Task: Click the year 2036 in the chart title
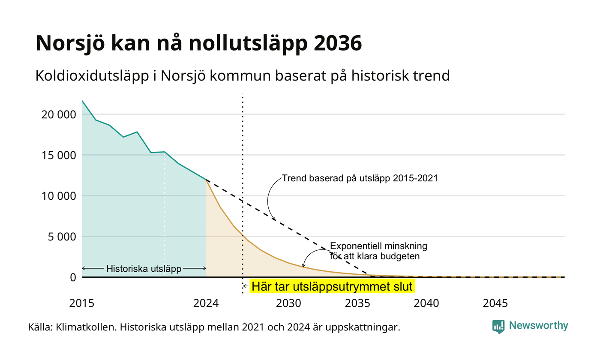pyautogui.click(x=338, y=43)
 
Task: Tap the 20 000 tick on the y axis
pyautogui.click(x=59, y=115)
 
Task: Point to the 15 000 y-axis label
pyautogui.click(x=59, y=155)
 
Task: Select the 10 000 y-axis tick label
pyautogui.click(x=59, y=196)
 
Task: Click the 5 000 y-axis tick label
pyautogui.click(x=62, y=237)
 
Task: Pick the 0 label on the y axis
pyautogui.click(x=73, y=278)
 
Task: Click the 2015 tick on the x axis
pyautogui.click(x=82, y=303)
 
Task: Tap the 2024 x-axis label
pyautogui.click(x=206, y=303)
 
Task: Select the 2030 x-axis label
pyautogui.click(x=289, y=303)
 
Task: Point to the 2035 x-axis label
pyautogui.click(x=357, y=303)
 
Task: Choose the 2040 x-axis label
pyautogui.click(x=426, y=303)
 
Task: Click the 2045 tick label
pyautogui.click(x=495, y=303)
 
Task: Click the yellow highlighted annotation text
pyautogui.click(x=332, y=287)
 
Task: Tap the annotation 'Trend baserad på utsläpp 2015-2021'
pyautogui.click(x=360, y=178)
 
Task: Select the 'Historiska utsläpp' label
pyautogui.click(x=144, y=269)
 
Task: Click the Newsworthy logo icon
pyautogui.click(x=498, y=327)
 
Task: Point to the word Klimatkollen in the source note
pyautogui.click(x=86, y=327)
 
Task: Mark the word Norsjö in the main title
pyautogui.click(x=70, y=43)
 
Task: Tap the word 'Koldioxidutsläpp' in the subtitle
pyautogui.click(x=92, y=76)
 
